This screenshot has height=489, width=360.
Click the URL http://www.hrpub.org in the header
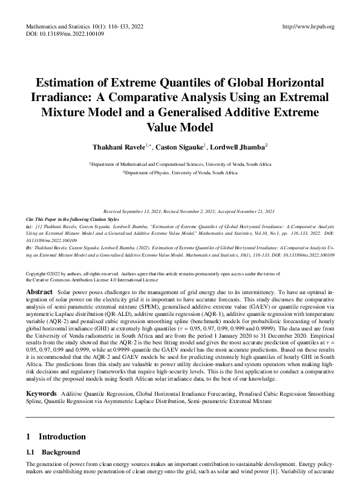pyautogui.click(x=309, y=27)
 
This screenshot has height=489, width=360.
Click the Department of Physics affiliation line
pyautogui.click(x=180, y=172)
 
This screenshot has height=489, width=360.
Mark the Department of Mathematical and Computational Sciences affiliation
pyautogui.click(x=180, y=163)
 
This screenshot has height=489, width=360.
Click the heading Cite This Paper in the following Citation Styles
pyautogui.click(x=67, y=217)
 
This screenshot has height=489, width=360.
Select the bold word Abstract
pyautogui.click(x=40, y=292)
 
